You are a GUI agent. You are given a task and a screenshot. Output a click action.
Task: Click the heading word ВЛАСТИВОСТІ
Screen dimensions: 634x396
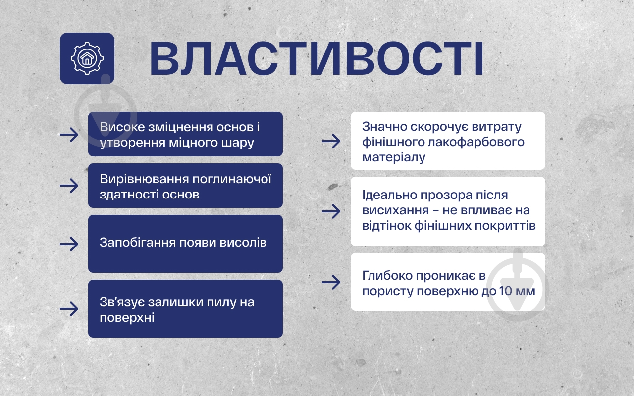coord(317,58)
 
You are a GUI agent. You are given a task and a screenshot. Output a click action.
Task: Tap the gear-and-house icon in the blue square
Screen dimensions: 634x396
coord(87,58)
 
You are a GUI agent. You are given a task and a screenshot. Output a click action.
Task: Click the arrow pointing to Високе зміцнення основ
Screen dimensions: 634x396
coord(69,135)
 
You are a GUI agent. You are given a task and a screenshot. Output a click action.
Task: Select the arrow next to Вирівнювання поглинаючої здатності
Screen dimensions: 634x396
coord(69,186)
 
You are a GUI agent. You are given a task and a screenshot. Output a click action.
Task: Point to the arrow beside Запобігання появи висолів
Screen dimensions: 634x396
coord(69,244)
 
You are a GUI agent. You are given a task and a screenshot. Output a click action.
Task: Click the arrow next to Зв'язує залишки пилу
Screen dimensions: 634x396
coord(69,308)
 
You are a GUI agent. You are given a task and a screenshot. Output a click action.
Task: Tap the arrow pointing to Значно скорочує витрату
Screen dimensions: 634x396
coord(331,141)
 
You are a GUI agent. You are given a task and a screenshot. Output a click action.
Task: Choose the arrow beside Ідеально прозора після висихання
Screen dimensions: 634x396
coord(331,211)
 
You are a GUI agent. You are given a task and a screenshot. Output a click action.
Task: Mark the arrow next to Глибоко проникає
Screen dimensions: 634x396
coord(331,282)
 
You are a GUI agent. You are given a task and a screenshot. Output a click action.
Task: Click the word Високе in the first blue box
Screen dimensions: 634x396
coord(122,127)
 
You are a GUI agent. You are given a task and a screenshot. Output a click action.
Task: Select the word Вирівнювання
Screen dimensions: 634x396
coord(144,179)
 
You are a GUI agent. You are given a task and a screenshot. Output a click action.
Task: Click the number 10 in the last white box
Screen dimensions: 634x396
coord(506,291)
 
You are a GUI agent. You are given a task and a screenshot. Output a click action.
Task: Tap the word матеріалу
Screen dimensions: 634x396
coord(394,157)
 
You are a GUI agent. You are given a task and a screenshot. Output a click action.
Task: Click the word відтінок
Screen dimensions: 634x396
coord(387,226)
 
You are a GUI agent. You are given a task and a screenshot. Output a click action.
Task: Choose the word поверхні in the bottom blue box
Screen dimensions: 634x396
coord(127,318)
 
